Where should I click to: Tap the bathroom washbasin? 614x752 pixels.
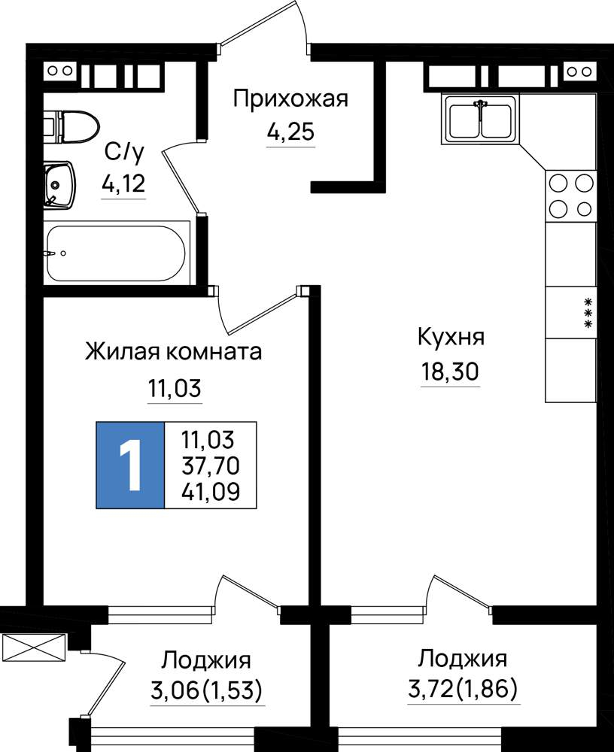(x=59, y=185)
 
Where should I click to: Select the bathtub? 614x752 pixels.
(x=116, y=253)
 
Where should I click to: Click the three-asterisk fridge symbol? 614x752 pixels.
(x=587, y=313)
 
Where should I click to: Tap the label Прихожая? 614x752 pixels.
(x=290, y=100)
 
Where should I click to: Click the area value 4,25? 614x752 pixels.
(x=290, y=131)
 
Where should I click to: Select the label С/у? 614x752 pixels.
(x=124, y=153)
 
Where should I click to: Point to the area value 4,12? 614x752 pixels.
(x=123, y=183)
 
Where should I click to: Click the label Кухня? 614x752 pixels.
(x=451, y=337)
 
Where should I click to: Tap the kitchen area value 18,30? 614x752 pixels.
(x=450, y=371)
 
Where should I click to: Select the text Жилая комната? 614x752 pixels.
(x=173, y=351)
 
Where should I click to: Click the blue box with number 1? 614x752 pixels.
(x=130, y=465)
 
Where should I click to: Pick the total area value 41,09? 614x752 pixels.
(x=211, y=492)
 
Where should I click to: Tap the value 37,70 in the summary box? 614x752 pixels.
(x=211, y=465)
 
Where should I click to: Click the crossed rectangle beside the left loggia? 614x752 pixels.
(x=33, y=647)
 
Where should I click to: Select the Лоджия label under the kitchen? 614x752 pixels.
(x=462, y=659)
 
